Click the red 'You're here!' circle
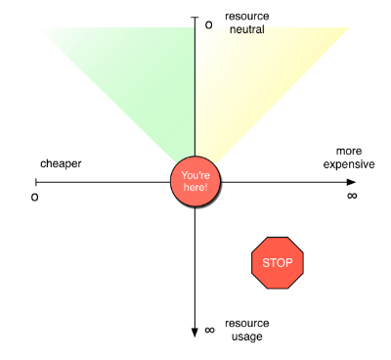195,181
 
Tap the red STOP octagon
278,263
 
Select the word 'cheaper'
61,163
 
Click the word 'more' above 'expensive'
349,152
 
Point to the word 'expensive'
349,164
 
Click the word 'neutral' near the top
247,29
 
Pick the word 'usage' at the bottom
247,337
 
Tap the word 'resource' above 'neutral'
247,17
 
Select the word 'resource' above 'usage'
247,324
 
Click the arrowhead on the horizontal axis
351,182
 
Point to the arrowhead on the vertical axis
195,332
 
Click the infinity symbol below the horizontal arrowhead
352,196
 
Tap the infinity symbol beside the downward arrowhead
209,330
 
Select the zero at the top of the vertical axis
208,25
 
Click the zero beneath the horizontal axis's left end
34,198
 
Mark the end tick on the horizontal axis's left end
36,182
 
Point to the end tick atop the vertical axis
195,17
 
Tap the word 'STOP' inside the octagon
278,263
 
